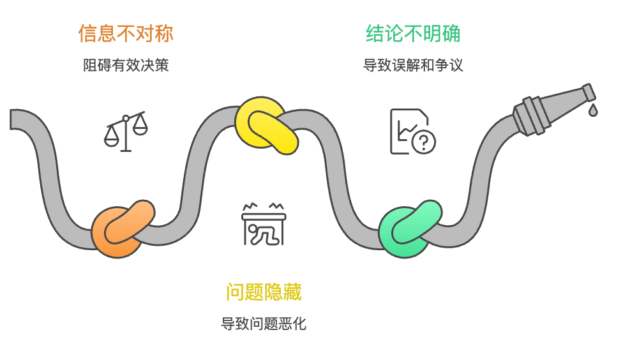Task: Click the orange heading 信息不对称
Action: click(x=126, y=33)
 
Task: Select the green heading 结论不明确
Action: click(x=413, y=33)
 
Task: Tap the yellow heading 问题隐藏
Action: click(x=264, y=292)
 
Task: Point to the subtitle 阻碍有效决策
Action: click(x=126, y=65)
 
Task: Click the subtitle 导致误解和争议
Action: click(x=413, y=65)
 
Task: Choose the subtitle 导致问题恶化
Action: click(x=264, y=324)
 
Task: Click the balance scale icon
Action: click(x=126, y=131)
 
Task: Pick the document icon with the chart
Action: click(x=412, y=131)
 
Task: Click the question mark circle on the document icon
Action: click(x=424, y=142)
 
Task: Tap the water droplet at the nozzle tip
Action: click(x=593, y=110)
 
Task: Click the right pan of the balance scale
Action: click(x=139, y=128)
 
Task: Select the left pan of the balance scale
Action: click(x=111, y=137)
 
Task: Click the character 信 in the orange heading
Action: click(x=87, y=33)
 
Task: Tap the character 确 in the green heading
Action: click(x=452, y=33)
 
